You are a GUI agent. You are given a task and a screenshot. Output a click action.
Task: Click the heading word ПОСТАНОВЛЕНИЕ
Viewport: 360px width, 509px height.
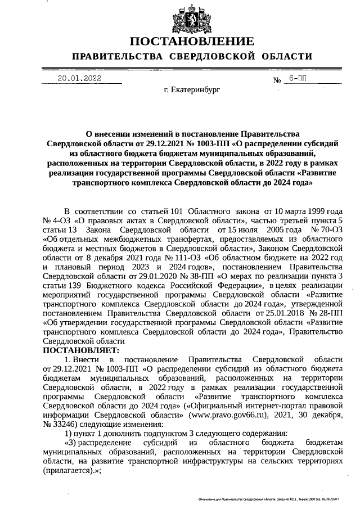point(192,42)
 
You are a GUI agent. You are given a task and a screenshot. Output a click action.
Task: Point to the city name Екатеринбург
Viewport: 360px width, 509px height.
point(192,89)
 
